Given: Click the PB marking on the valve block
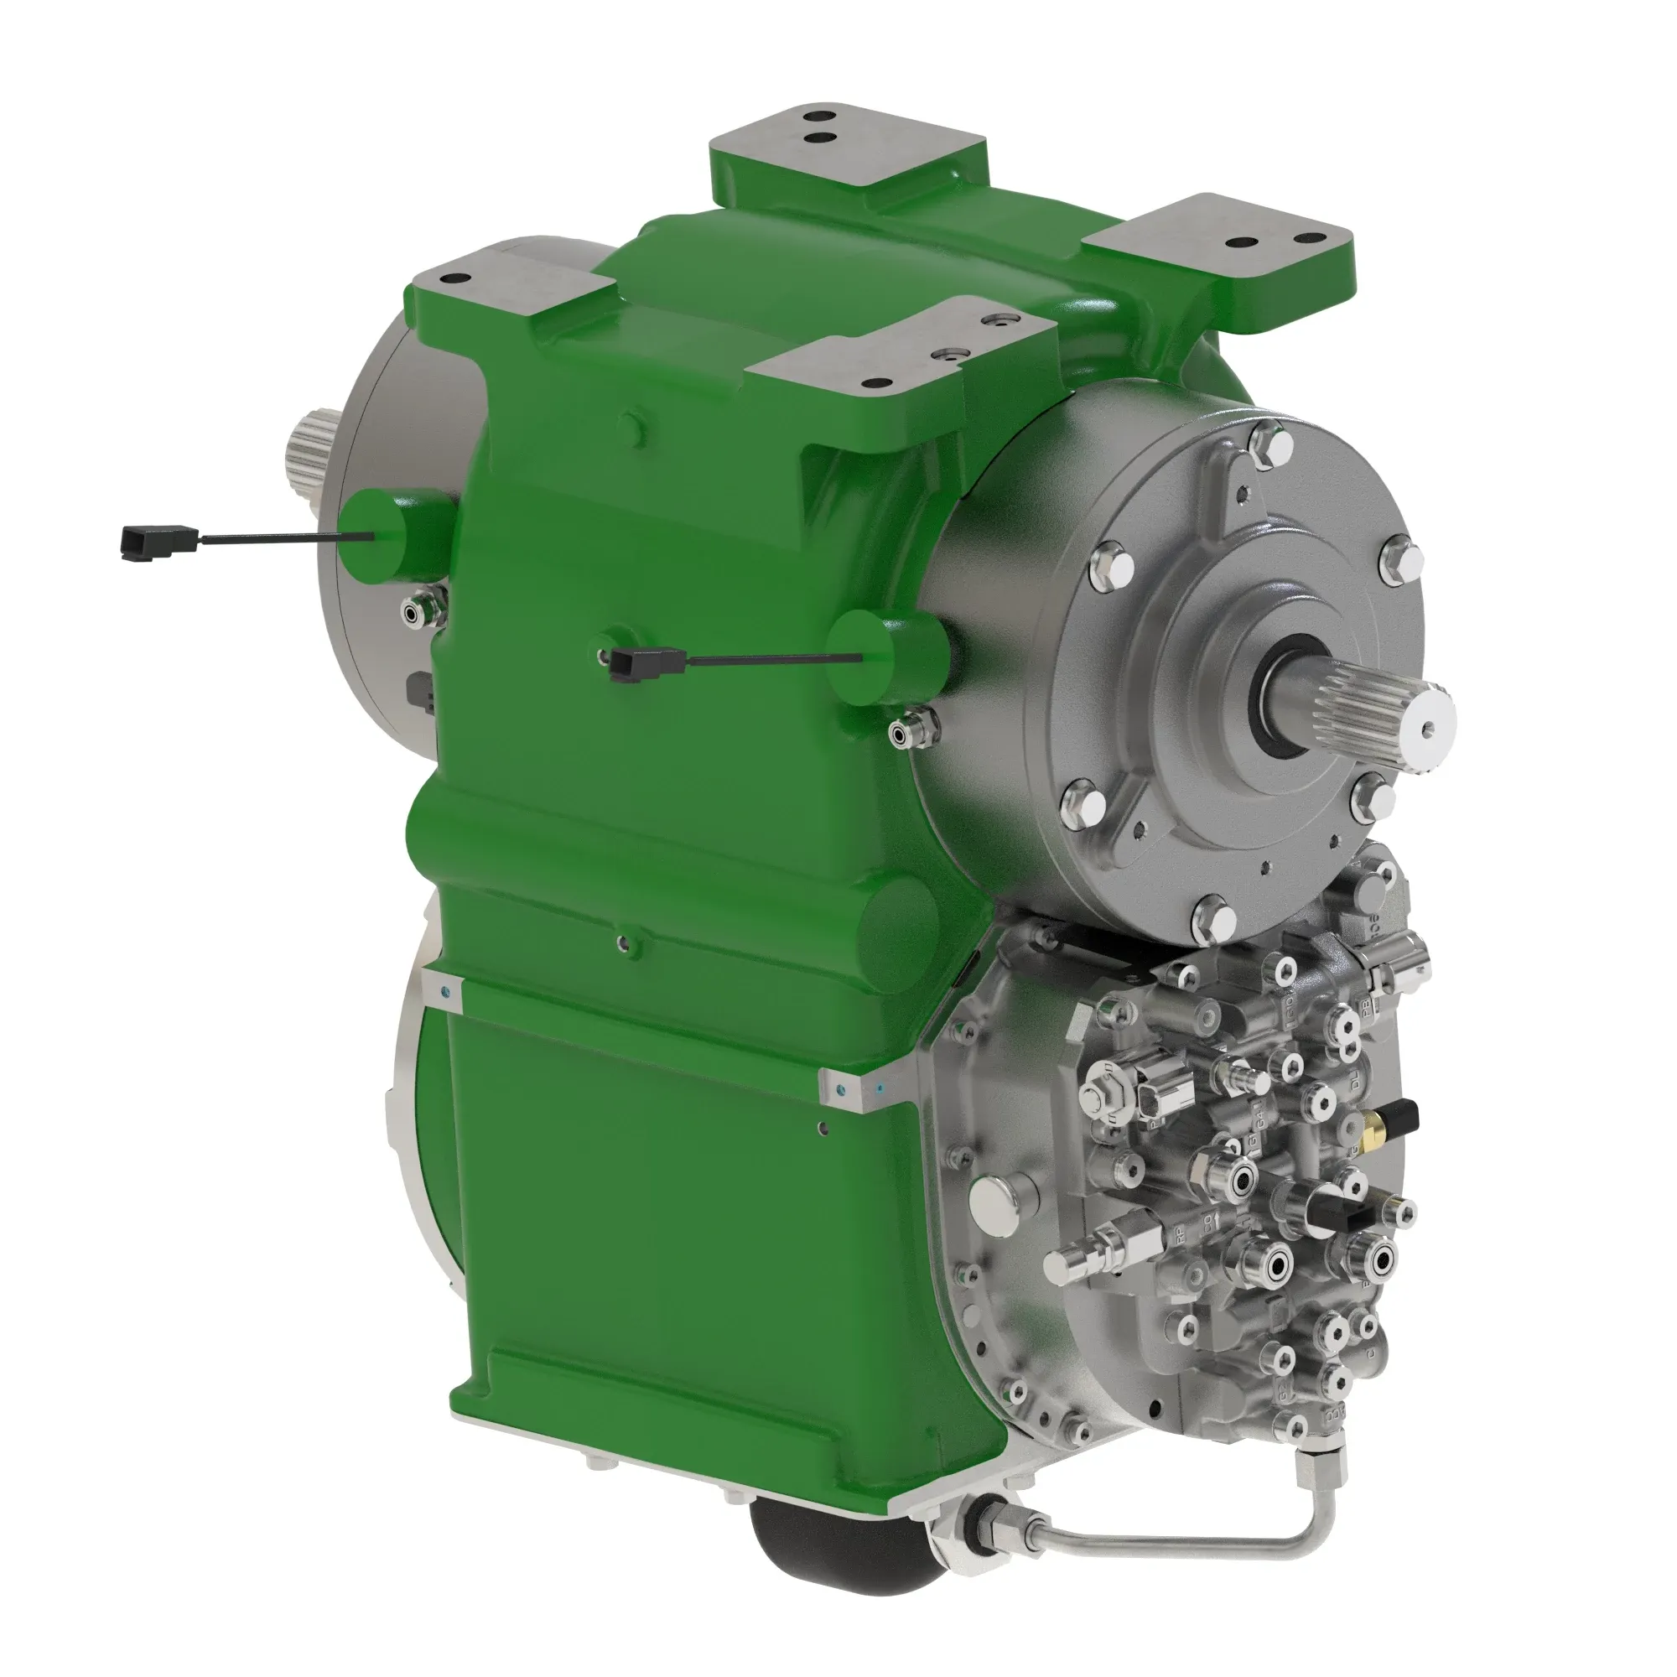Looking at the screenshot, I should point(1366,1008).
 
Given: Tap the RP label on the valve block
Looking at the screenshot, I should point(1181,1238).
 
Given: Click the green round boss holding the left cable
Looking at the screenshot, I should point(395,534).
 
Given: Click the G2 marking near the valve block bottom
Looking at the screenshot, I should point(1284,1398).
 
